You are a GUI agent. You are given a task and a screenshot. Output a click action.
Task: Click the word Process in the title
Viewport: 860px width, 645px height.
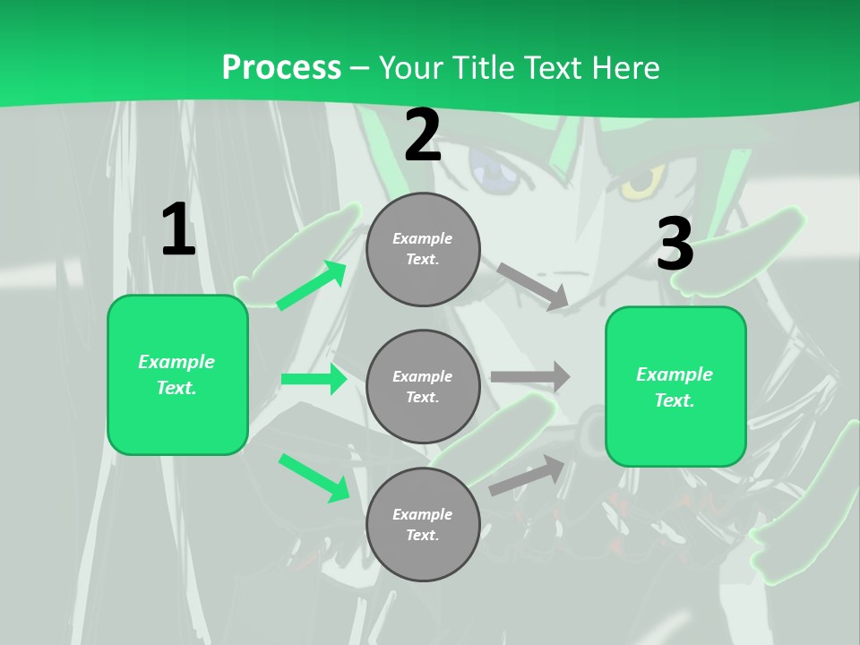pyautogui.click(x=281, y=67)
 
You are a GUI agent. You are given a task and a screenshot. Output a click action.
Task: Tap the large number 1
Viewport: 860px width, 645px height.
pyautogui.click(x=177, y=230)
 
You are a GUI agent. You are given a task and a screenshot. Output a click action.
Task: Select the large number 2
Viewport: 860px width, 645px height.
pyautogui.click(x=423, y=135)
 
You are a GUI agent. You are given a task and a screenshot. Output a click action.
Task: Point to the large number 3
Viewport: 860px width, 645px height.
pyautogui.click(x=675, y=245)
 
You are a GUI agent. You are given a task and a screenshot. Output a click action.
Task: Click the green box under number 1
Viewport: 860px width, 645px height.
pyautogui.click(x=177, y=374)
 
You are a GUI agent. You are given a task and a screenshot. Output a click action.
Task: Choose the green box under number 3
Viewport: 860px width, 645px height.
pyautogui.click(x=675, y=386)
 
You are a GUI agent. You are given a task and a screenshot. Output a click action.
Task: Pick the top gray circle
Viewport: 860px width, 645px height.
pyautogui.click(x=423, y=249)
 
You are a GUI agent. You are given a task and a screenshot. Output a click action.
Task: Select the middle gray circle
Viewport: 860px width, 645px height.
pyautogui.click(x=423, y=386)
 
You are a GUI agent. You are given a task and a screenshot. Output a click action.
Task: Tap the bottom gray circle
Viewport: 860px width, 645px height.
pyautogui.click(x=423, y=524)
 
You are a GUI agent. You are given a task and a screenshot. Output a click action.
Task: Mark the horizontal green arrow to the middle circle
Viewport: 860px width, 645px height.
pyautogui.click(x=314, y=379)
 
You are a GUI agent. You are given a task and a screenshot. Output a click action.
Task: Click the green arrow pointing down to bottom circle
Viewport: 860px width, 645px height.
pyautogui.click(x=314, y=477)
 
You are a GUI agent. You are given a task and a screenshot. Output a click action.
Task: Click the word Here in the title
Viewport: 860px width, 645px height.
pyautogui.click(x=627, y=67)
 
